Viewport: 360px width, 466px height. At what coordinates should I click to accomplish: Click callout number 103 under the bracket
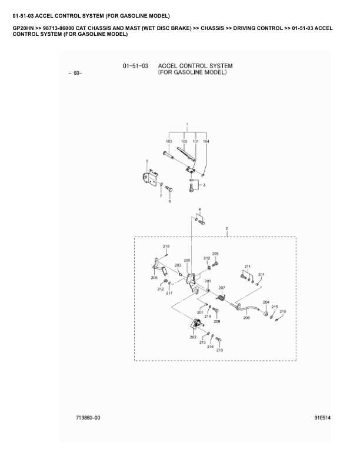tap(169, 142)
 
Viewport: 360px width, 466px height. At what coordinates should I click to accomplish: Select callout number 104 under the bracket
tap(206, 142)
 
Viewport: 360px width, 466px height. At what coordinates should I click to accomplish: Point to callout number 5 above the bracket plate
tap(147, 161)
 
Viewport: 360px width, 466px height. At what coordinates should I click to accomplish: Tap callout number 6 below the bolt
tap(170, 201)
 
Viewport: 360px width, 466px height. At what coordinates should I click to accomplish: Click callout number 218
tap(166, 246)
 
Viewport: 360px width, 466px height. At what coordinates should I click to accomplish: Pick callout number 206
tap(154, 277)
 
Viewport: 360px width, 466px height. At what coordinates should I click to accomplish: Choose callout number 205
tap(187, 260)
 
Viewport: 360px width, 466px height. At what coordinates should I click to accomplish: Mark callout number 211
tap(247, 267)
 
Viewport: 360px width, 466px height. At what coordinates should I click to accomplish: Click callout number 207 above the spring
tap(222, 288)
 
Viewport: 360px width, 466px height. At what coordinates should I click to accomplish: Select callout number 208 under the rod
tap(246, 317)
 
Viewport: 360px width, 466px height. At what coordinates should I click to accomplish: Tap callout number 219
tap(283, 311)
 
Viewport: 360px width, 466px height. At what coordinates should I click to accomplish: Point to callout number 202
tap(193, 337)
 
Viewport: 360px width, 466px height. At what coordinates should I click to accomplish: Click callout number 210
tap(220, 350)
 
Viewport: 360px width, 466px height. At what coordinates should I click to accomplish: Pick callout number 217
tap(169, 292)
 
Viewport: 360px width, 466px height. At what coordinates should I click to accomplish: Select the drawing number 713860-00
tap(88, 417)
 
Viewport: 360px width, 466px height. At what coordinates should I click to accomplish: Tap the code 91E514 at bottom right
tap(323, 417)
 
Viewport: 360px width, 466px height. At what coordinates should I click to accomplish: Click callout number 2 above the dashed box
tap(226, 228)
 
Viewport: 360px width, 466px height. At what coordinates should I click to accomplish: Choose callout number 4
tap(199, 209)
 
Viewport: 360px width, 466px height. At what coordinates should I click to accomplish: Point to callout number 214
tap(208, 316)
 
